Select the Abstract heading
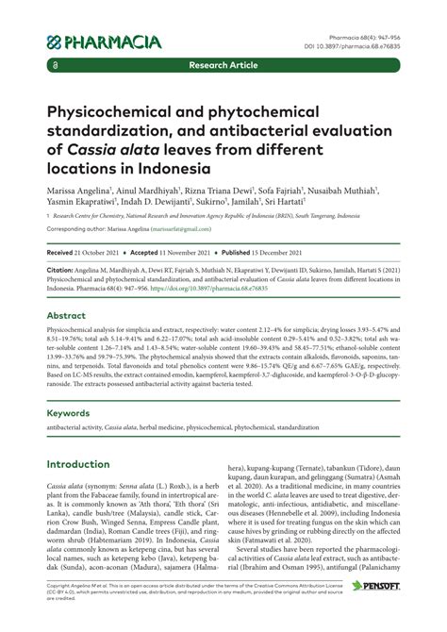[x=67, y=315]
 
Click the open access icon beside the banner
[x=57, y=67]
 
